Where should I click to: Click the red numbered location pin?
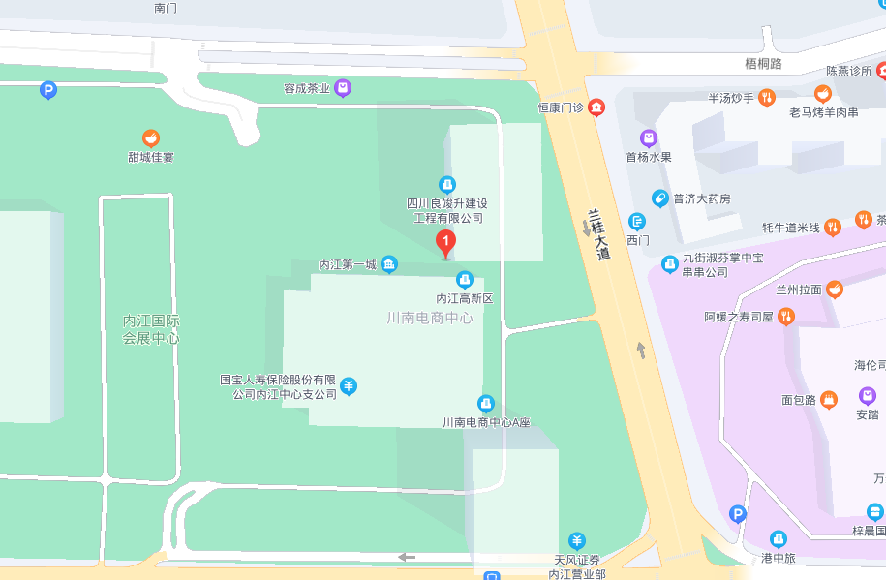(x=445, y=242)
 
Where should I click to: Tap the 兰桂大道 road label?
(x=599, y=235)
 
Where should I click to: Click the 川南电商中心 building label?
(x=430, y=318)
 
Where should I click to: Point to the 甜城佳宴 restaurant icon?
(x=151, y=138)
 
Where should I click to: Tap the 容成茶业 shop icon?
(x=343, y=88)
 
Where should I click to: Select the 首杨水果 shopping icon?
(x=649, y=138)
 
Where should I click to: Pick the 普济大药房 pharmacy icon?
(x=659, y=198)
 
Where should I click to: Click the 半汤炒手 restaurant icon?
(x=766, y=97)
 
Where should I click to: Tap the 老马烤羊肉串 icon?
(x=823, y=94)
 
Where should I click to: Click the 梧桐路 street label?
(x=763, y=64)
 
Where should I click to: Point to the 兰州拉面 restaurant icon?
(x=835, y=290)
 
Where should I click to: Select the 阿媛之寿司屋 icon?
(x=786, y=316)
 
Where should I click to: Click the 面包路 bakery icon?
(x=828, y=399)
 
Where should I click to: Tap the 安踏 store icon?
(x=867, y=395)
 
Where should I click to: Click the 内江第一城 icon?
(x=388, y=264)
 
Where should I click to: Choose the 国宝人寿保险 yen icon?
(x=349, y=386)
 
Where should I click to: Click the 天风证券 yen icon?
(x=577, y=540)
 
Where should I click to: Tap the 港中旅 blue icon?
(x=778, y=539)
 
